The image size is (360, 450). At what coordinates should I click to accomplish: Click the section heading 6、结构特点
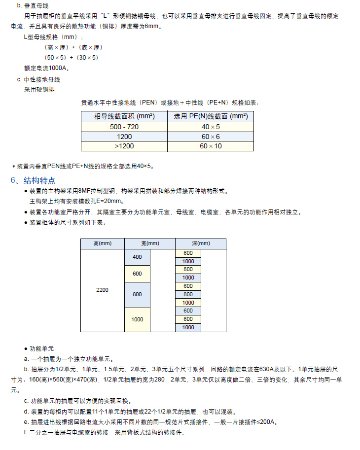[x=33, y=180]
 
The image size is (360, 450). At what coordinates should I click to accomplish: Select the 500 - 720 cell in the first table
[x=124, y=127]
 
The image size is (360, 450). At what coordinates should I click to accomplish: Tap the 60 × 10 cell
[x=211, y=146]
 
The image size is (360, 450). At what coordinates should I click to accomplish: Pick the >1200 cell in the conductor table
[x=124, y=146]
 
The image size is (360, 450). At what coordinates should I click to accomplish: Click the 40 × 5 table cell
[x=211, y=127]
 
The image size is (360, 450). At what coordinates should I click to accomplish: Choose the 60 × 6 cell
[x=211, y=137]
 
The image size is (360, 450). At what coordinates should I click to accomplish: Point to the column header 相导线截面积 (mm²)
[x=124, y=117]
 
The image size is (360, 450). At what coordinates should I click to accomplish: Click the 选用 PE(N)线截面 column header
[x=211, y=117]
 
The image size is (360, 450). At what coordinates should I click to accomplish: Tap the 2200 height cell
[x=102, y=290]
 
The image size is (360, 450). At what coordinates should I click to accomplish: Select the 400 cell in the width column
[x=137, y=257]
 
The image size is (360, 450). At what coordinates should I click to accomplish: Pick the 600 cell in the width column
[x=137, y=274]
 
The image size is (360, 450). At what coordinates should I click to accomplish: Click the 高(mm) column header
[x=102, y=243]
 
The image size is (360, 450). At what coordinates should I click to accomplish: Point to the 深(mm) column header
[x=201, y=243]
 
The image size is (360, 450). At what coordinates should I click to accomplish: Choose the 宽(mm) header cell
[x=150, y=243]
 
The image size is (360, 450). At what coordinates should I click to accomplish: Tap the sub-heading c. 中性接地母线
[x=38, y=79]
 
